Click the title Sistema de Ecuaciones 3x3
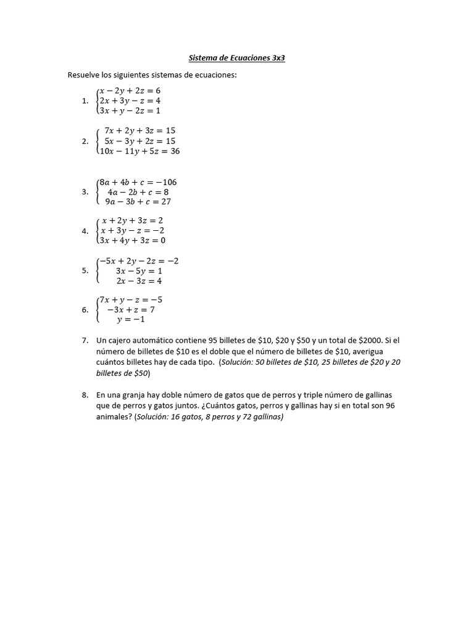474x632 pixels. [236, 59]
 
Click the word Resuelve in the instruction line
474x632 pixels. [83, 75]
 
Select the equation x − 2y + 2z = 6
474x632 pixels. [130, 90]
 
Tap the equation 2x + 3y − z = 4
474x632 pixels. [130, 101]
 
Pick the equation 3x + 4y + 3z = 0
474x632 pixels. [133, 241]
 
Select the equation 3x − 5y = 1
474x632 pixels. [139, 271]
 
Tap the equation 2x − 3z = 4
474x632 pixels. [139, 281]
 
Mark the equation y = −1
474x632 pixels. [131, 319]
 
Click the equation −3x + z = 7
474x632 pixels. [130, 309]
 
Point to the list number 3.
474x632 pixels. [85, 192]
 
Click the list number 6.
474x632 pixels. [85, 310]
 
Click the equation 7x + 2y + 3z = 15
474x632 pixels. [140, 131]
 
